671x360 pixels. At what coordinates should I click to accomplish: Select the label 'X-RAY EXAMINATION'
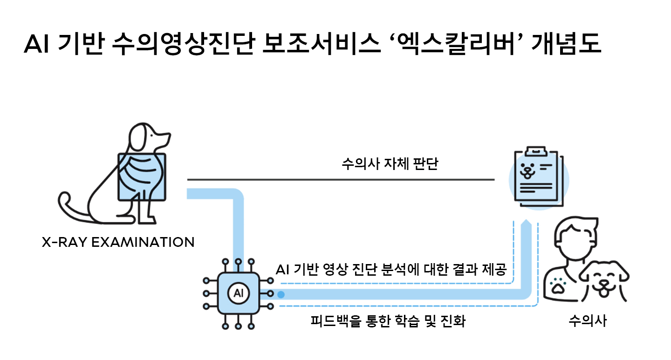(x=118, y=242)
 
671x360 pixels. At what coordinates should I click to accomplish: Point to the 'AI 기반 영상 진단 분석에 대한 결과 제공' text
(x=391, y=270)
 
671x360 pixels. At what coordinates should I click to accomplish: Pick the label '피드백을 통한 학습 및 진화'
(x=388, y=321)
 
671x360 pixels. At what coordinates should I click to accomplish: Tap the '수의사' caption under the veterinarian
(x=588, y=321)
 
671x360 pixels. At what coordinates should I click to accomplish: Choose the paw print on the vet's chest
(x=557, y=285)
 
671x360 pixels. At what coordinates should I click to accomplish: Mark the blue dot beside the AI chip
(x=281, y=294)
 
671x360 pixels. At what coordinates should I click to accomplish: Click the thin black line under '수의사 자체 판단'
(x=340, y=179)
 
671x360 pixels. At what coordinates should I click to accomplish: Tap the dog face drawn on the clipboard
(x=527, y=170)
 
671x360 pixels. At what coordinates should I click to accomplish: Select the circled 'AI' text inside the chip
(x=239, y=294)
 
